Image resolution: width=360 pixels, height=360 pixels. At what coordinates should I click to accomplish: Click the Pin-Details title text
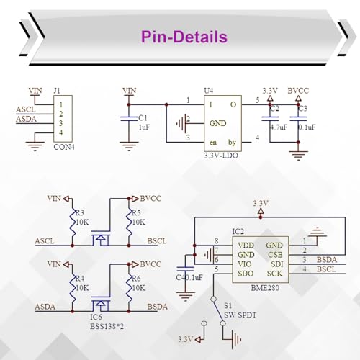coord(184,37)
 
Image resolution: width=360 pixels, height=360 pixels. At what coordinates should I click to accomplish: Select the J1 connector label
coord(57,91)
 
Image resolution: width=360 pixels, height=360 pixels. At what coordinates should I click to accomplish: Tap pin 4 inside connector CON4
coord(61,132)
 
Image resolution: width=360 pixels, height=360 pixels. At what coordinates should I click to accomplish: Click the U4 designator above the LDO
coord(209,91)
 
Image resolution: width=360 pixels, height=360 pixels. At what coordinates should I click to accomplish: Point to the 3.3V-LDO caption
coord(221,156)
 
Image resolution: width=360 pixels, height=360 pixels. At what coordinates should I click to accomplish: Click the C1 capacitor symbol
coord(129,118)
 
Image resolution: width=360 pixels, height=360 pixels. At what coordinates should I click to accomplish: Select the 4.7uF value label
coord(279,127)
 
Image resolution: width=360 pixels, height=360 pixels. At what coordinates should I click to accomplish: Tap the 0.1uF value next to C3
coord(307,127)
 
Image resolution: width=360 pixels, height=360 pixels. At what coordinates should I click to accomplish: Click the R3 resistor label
coord(80,212)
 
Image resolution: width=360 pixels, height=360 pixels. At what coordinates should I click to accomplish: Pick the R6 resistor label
coord(137,279)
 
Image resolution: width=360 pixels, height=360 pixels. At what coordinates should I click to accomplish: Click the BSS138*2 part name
coord(107,326)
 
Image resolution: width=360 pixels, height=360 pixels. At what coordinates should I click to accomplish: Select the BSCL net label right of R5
coord(157,240)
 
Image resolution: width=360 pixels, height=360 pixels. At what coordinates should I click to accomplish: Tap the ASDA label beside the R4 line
coord(45,307)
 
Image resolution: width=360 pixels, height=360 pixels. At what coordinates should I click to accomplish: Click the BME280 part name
coord(265,288)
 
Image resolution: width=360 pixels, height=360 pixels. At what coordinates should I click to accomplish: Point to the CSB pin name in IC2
coord(275,255)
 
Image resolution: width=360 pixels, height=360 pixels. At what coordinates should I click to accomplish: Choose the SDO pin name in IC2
coord(246,274)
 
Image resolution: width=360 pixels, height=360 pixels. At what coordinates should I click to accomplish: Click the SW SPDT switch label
coord(240,315)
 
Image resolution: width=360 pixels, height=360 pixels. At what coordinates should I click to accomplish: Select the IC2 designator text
coord(238,232)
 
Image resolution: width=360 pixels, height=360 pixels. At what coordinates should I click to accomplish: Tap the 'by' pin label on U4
coord(232,143)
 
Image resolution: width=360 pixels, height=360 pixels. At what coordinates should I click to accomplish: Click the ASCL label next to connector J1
coord(26,109)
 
